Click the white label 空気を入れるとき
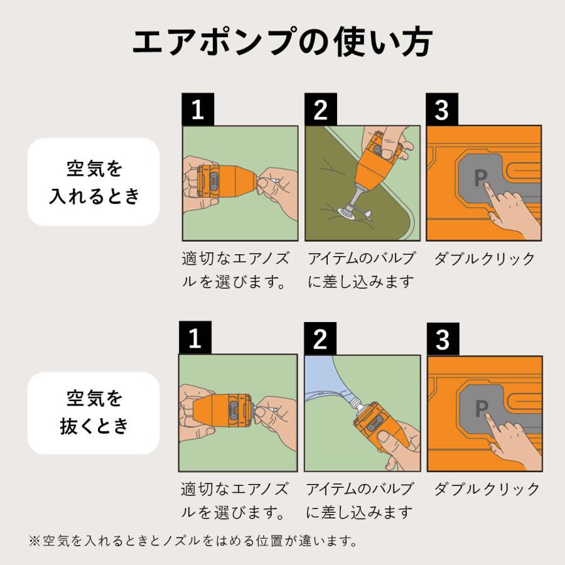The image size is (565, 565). coord(94,182)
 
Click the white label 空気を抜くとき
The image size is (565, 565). coord(94,412)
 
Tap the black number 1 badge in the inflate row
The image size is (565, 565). coord(198,110)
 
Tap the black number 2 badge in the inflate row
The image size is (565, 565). coord(320,110)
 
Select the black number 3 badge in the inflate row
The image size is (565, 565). coord(442,110)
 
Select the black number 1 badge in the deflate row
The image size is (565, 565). coord(195,339)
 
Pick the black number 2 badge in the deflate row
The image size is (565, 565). coord(320,339)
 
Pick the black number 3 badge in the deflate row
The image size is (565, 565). coord(443,339)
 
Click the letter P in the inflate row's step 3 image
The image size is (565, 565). coord(480,178)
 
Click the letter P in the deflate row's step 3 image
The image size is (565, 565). coord(482,409)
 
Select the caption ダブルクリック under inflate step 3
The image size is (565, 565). coord(484,259)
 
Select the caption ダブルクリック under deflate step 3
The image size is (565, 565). coord(487,489)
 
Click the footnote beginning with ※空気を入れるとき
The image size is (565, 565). coord(193,540)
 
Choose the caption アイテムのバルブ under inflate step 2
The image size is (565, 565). coord(361,259)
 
